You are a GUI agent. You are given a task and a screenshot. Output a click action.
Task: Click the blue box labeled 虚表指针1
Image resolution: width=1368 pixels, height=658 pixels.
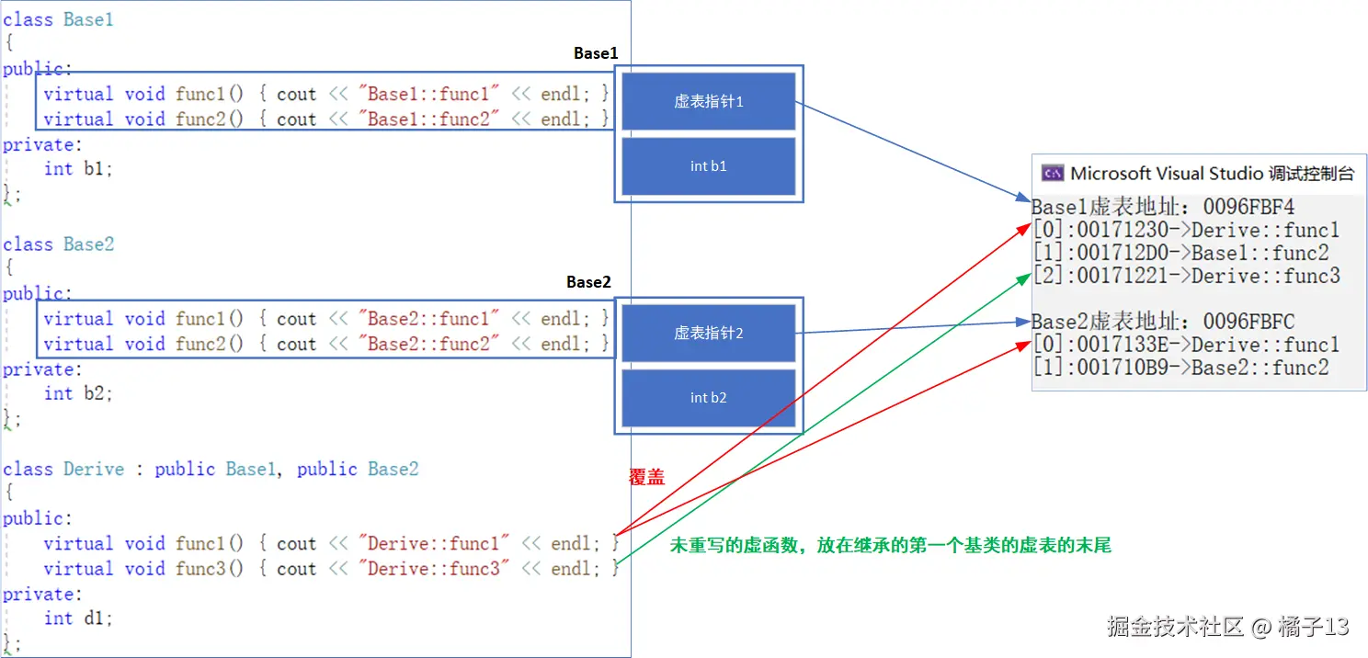point(708,101)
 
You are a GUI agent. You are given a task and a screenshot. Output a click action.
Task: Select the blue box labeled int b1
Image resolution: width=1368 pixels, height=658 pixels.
point(708,166)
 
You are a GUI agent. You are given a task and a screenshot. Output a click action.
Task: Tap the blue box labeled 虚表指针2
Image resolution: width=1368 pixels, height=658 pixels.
point(708,333)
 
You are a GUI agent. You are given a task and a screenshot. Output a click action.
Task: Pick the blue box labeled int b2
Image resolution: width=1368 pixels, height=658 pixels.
point(708,398)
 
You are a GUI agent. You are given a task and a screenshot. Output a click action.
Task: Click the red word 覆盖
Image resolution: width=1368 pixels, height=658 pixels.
point(646,477)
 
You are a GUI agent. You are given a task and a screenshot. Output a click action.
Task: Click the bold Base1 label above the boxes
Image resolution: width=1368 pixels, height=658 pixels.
point(596,53)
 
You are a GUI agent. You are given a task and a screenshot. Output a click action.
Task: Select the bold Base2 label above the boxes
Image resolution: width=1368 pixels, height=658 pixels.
point(588,282)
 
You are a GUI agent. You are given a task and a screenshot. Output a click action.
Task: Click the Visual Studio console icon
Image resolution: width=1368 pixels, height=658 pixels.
point(1052,174)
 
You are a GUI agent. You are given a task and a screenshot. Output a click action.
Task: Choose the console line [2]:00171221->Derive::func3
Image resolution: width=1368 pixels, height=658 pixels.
point(1186,276)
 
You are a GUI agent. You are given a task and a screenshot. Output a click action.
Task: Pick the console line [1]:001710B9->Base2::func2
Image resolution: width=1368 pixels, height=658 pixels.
point(1180,368)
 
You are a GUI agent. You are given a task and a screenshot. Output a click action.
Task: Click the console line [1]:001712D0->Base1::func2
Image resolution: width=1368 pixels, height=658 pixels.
point(1180,253)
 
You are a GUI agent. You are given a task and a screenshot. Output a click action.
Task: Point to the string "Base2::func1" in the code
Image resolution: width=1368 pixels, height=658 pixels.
point(429,319)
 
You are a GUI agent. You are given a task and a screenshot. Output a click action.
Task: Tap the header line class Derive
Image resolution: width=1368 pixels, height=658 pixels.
point(211,469)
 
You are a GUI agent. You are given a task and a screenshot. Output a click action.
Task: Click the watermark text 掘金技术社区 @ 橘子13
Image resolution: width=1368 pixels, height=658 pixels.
point(1227,627)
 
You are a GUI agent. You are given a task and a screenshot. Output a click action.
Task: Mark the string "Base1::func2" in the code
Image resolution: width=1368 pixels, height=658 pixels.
point(429,119)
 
